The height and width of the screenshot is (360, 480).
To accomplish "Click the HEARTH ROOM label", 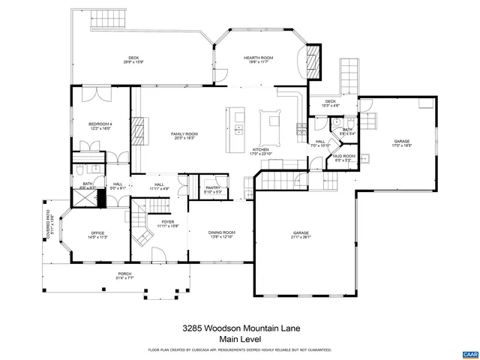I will pyautogui.click(x=256, y=58).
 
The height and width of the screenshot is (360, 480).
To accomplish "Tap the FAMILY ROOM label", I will pyautogui.click(x=184, y=133).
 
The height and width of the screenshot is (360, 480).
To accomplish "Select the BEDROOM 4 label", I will pyautogui.click(x=100, y=124).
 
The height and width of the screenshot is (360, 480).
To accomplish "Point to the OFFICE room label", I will pyautogui.click(x=98, y=232).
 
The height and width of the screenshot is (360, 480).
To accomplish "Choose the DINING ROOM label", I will pyautogui.click(x=222, y=232).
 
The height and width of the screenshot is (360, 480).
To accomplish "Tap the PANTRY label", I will pyautogui.click(x=213, y=188).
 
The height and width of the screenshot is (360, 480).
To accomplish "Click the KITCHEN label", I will pyautogui.click(x=260, y=150).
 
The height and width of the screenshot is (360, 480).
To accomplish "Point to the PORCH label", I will pyautogui.click(x=124, y=274).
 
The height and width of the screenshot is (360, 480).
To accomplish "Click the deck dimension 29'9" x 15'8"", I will pyautogui.click(x=133, y=62).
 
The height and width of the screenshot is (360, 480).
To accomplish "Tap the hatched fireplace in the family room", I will pyautogui.click(x=138, y=133).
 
